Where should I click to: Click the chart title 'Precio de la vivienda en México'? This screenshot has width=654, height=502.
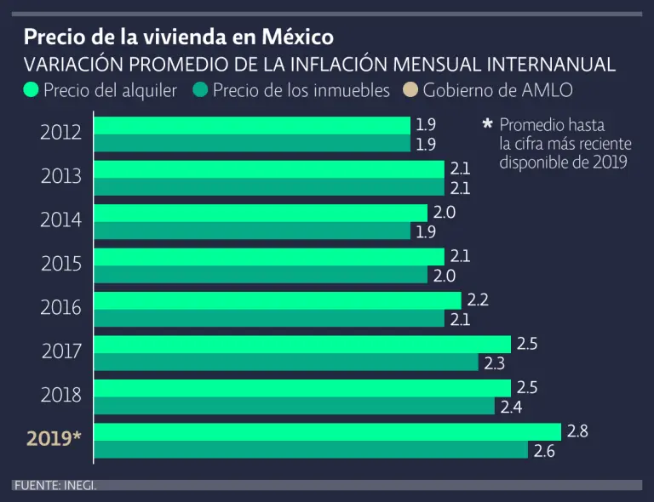179,37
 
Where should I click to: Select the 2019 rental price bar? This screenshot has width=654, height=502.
327,431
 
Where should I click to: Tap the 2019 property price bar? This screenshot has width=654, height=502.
310,450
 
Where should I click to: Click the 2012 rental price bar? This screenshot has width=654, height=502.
251,125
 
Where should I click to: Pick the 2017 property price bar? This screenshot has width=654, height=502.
285,362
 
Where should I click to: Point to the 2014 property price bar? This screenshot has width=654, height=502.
251,231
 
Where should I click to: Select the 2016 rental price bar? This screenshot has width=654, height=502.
277,300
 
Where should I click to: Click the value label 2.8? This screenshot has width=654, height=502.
577,431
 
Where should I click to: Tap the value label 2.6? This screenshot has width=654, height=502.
543,451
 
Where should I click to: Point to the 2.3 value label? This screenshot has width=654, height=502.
494,363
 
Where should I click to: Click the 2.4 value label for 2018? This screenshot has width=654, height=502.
511,407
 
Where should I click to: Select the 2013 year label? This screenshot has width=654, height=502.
61,176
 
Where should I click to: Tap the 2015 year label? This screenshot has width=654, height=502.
61,264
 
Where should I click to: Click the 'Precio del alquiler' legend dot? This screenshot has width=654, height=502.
32,90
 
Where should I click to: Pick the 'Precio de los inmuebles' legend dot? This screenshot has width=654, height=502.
201,90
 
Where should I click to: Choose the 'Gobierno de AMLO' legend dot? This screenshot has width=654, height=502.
410,90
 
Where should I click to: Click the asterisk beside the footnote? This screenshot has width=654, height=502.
487,124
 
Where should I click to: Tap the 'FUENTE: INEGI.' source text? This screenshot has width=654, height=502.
54,485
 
